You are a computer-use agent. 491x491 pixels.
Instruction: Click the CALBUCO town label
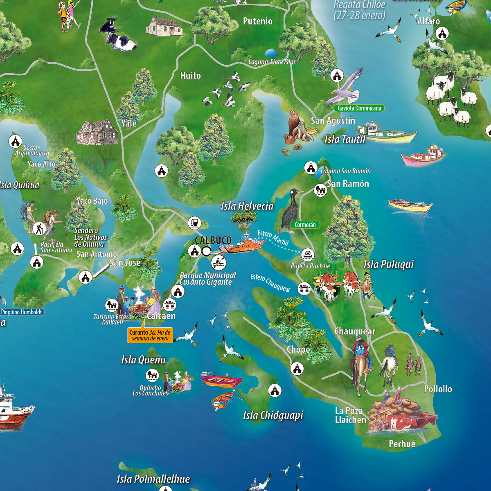[213, 241]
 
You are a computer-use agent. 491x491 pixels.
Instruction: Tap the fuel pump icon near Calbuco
[195, 223]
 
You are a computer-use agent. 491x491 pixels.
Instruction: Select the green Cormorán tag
[305, 225]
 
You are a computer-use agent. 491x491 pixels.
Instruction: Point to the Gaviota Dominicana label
[359, 108]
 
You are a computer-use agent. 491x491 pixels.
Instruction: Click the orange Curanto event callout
[150, 335]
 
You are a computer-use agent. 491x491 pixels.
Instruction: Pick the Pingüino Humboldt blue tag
[22, 312]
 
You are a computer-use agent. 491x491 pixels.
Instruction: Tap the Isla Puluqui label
[389, 264]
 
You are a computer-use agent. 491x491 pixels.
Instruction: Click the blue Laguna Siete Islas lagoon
[270, 53]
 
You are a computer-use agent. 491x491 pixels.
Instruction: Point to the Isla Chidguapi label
[273, 415]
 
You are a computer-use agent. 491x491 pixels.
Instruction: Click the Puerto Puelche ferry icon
[308, 255]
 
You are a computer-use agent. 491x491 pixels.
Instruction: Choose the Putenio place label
[257, 21]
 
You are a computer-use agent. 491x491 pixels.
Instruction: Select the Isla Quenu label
[143, 360]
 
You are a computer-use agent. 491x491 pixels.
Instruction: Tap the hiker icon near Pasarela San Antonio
[39, 229]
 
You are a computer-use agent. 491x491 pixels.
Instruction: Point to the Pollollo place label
[438, 389]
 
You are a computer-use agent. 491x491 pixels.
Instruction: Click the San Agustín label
[333, 121]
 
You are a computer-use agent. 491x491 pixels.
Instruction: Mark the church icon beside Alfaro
[442, 34]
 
